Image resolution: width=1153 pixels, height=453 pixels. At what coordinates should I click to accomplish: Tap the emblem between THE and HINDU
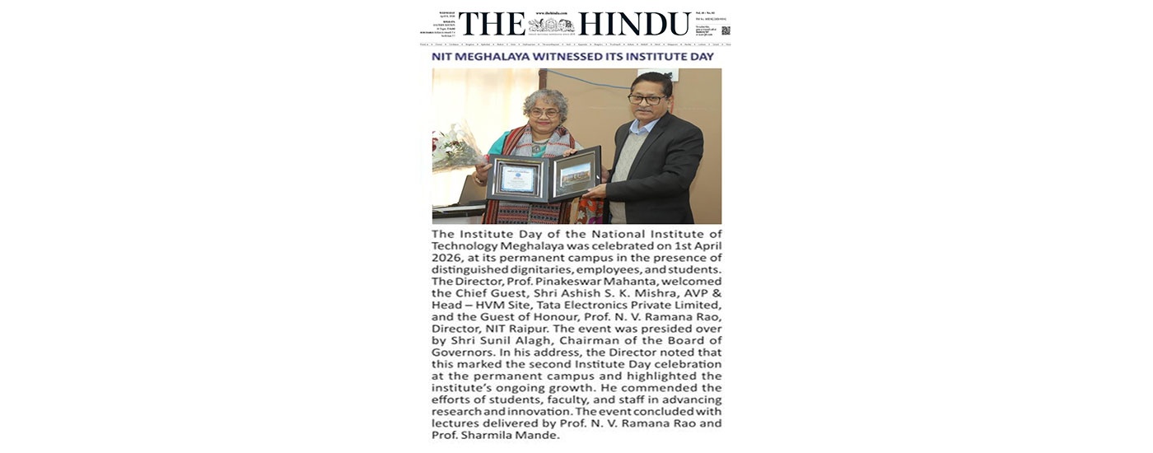[552, 25]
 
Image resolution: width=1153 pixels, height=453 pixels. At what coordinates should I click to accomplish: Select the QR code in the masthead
[725, 30]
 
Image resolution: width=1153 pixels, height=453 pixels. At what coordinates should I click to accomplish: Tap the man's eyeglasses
[646, 99]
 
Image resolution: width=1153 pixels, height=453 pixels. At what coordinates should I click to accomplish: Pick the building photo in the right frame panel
[575, 175]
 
